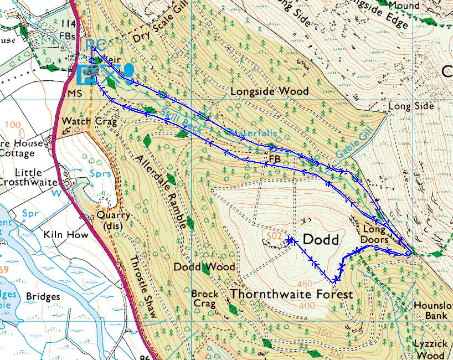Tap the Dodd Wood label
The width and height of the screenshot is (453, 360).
tap(204, 267)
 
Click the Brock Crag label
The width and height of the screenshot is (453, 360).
tap(204, 299)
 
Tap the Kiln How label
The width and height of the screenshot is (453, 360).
tap(66, 235)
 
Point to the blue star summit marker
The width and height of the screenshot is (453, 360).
tap(290, 240)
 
